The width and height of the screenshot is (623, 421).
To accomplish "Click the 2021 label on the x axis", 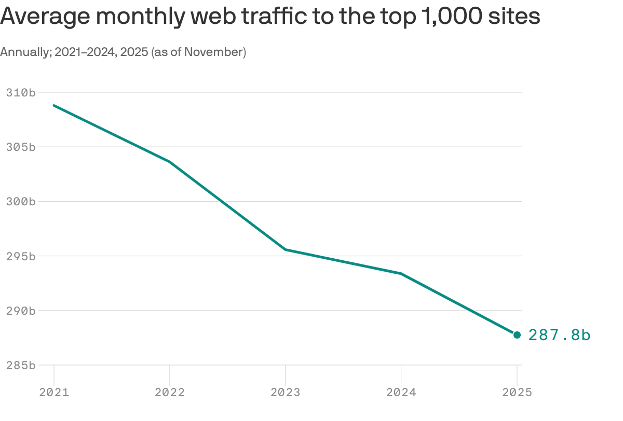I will coord(54,392).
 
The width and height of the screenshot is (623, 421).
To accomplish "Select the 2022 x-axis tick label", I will coord(170,392).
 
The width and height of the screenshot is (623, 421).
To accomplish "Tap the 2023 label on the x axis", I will coord(286,392).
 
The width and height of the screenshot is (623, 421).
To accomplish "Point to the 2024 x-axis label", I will coord(401,392).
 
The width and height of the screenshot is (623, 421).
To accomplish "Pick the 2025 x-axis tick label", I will coord(517,392).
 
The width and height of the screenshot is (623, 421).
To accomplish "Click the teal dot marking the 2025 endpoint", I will coord(517,335).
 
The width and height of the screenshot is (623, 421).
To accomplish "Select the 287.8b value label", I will coord(559,335).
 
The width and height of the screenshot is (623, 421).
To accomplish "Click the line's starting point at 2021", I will coord(54,105).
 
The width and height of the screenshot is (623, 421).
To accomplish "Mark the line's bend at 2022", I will coord(170,162).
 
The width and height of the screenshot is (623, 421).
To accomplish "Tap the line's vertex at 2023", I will coord(286,249).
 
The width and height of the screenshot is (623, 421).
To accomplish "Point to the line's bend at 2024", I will coord(401,274).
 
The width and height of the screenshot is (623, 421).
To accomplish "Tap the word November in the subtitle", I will coord(213,52).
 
